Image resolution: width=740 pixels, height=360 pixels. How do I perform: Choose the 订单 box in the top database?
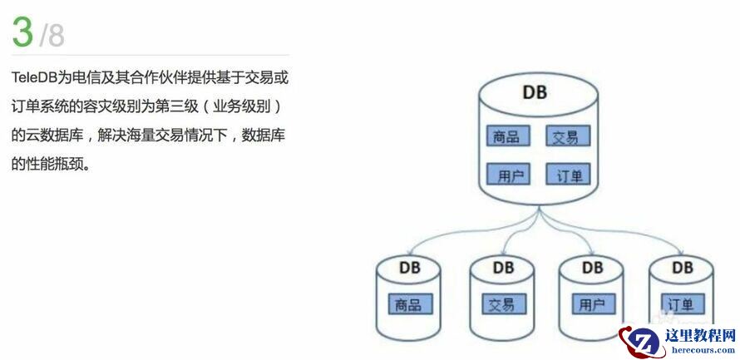coord(569,175)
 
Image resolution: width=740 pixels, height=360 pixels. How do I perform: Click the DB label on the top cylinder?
coord(535,92)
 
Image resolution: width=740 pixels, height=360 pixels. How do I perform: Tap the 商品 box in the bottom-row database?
coord(408,304)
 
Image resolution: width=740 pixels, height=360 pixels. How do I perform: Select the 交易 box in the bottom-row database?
coord(502,304)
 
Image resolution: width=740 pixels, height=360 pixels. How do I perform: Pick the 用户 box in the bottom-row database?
coord(592,304)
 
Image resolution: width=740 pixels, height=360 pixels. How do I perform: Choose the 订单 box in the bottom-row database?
coord(682,304)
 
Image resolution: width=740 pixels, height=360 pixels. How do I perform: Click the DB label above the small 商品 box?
coord(409,268)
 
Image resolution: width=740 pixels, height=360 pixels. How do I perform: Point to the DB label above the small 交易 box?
coord(503,268)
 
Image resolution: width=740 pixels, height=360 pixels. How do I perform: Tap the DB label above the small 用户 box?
coord(592,268)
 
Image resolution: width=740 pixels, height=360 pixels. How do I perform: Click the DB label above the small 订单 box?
coord(682,268)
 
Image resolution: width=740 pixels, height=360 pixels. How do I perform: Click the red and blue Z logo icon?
coord(642,342)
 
